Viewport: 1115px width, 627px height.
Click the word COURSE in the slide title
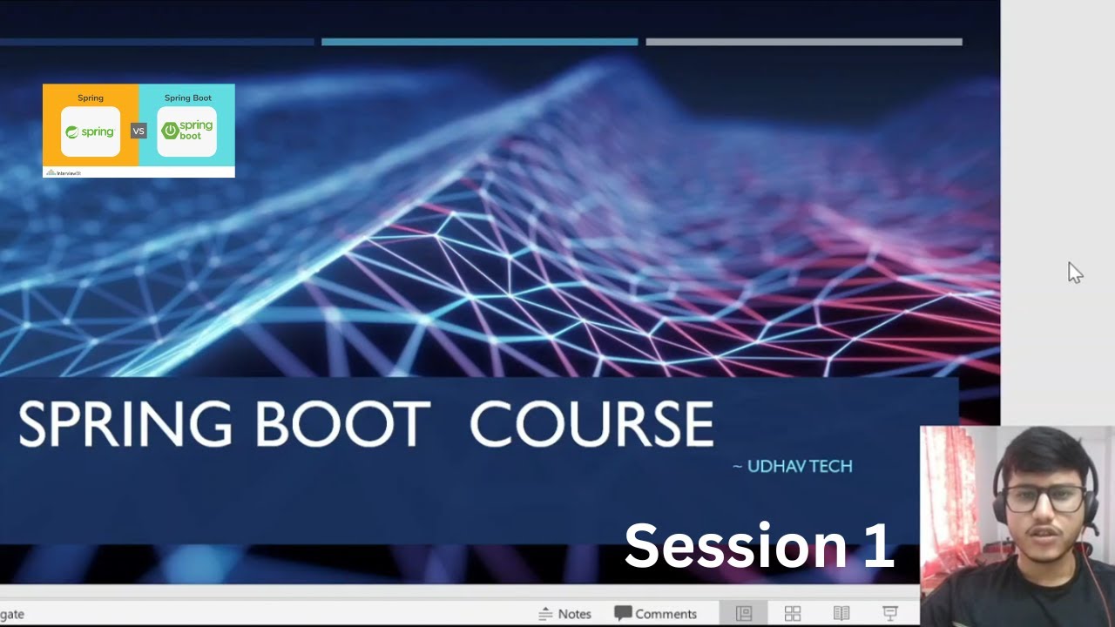pos(591,425)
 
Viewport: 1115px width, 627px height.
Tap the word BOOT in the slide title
pos(342,425)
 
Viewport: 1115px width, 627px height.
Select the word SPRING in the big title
pos(125,425)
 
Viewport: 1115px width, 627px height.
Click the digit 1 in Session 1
pos(878,546)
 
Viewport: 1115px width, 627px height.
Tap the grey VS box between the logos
pos(139,131)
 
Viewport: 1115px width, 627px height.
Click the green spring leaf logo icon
pos(72,132)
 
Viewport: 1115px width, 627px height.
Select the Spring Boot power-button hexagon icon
pos(170,131)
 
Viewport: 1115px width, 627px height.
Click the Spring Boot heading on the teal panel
pos(188,98)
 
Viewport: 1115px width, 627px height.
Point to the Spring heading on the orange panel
pos(91,98)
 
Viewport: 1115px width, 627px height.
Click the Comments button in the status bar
pos(655,614)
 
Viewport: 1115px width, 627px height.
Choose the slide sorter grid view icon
pos(793,614)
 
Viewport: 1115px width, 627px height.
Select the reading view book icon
pos(841,614)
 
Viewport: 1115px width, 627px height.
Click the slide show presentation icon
pos(889,614)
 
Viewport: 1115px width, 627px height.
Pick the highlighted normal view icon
pos(743,614)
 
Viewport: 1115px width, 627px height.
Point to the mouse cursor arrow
pos(1075,273)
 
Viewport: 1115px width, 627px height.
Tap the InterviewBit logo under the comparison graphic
pos(64,172)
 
